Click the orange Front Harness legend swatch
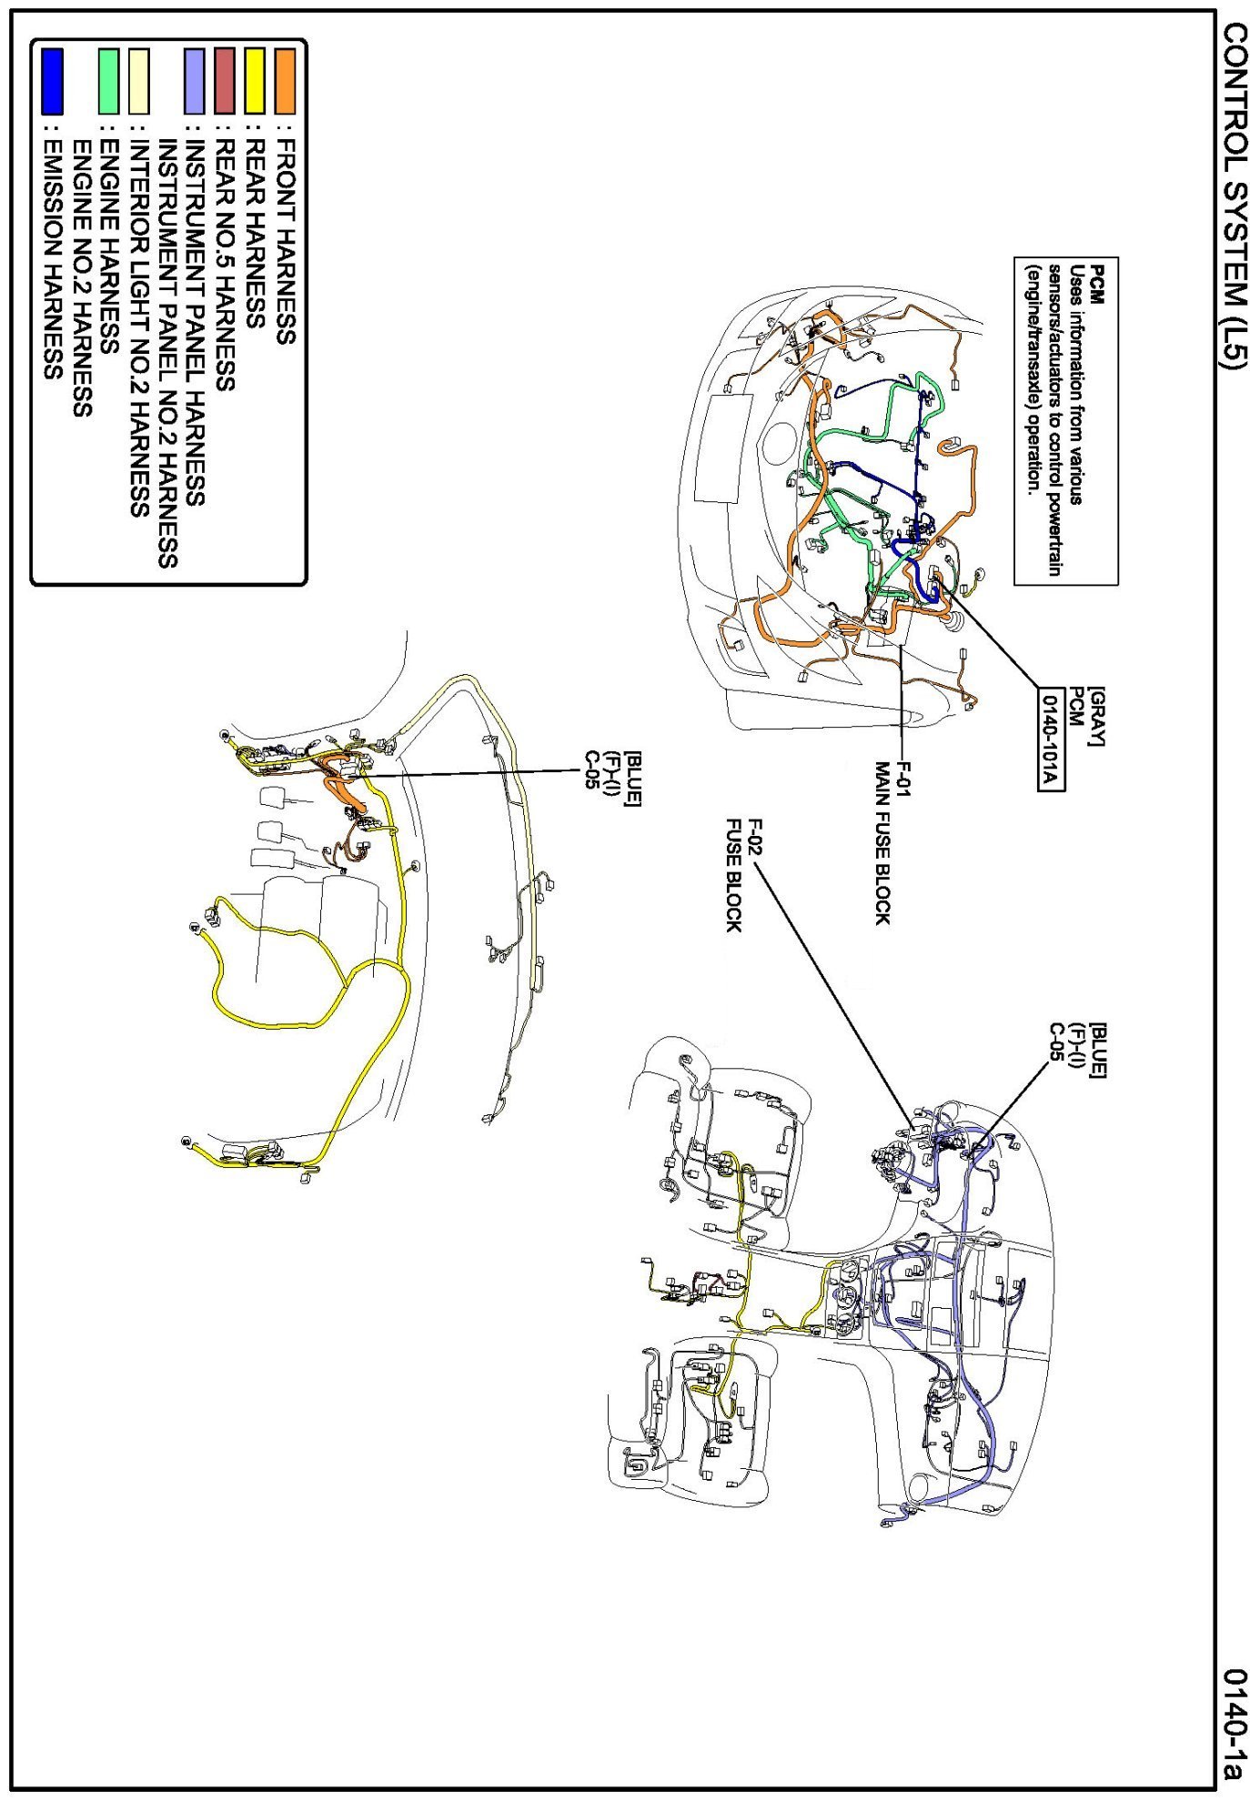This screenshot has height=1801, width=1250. tap(285, 81)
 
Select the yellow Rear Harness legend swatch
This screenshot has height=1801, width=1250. tap(255, 81)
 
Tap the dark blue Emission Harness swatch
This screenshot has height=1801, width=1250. tap(53, 81)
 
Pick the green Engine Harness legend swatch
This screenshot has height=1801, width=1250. tap(109, 81)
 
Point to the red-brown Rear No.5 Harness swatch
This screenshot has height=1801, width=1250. tap(225, 81)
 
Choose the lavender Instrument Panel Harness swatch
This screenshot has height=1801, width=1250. tap(195, 81)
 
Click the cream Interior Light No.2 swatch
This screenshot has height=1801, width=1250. tap(139, 81)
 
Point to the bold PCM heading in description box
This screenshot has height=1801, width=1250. tap(1098, 283)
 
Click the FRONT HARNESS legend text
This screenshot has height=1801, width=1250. tap(285, 242)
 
